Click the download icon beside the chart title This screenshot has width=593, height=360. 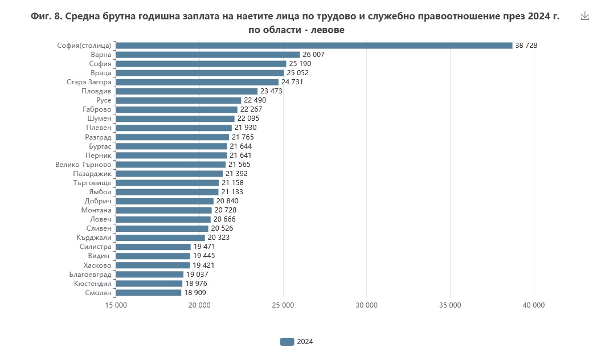point(584,16)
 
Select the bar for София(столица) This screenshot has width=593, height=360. point(314,46)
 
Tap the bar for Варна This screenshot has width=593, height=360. point(208,55)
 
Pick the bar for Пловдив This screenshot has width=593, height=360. point(187,91)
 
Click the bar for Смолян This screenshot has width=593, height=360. point(149,293)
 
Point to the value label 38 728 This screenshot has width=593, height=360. point(526,46)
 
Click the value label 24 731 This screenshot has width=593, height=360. point(292,82)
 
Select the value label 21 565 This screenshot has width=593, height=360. point(240,165)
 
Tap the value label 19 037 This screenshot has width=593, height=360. point(198,275)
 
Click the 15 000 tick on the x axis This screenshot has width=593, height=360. point(116,305)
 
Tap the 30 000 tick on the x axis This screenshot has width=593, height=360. point(367,305)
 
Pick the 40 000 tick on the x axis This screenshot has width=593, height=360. point(534,305)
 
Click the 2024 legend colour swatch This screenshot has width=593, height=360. point(287,342)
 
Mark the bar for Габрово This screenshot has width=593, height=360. point(177,109)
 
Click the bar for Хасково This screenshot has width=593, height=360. point(153,265)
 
